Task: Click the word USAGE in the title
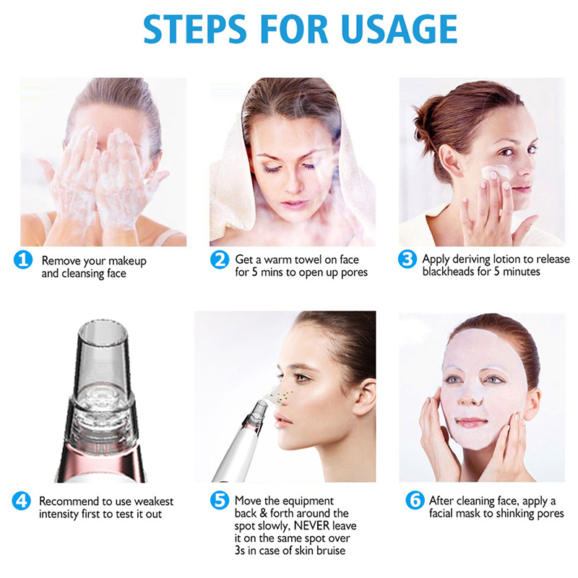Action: pyautogui.click(x=400, y=29)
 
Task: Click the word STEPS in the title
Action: pyautogui.click(x=194, y=29)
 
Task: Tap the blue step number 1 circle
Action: pyautogui.click(x=23, y=259)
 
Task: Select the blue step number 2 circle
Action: pyautogui.click(x=220, y=259)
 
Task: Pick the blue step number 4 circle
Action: pyautogui.click(x=22, y=501)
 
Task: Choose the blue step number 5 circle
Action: pyautogui.click(x=220, y=500)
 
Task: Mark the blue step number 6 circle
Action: pyautogui.click(x=415, y=500)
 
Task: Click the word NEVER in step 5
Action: pyautogui.click(x=311, y=525)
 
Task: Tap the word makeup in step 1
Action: pyautogui.click(x=127, y=262)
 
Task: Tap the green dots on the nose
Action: pyautogui.click(x=282, y=396)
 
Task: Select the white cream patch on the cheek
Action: pyautogui.click(x=496, y=172)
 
